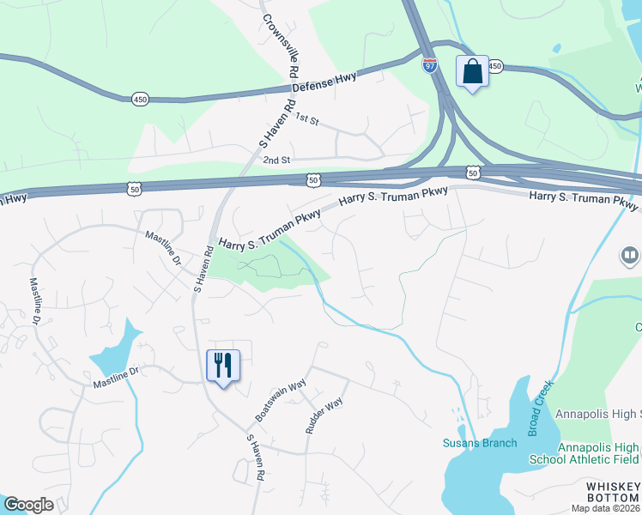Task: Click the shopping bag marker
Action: (x=473, y=71)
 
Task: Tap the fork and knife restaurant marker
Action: (x=223, y=366)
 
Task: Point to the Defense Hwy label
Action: (x=324, y=84)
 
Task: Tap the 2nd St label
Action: (x=277, y=160)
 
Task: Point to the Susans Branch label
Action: (x=480, y=443)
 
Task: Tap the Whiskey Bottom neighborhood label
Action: (x=613, y=492)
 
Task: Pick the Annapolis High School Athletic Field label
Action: (x=598, y=453)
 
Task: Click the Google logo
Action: (x=28, y=505)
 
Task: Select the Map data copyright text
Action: (x=605, y=508)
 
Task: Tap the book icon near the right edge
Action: (x=629, y=256)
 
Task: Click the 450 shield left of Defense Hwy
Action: (x=140, y=100)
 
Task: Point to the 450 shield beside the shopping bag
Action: (x=494, y=66)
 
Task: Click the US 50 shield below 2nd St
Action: (x=313, y=179)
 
